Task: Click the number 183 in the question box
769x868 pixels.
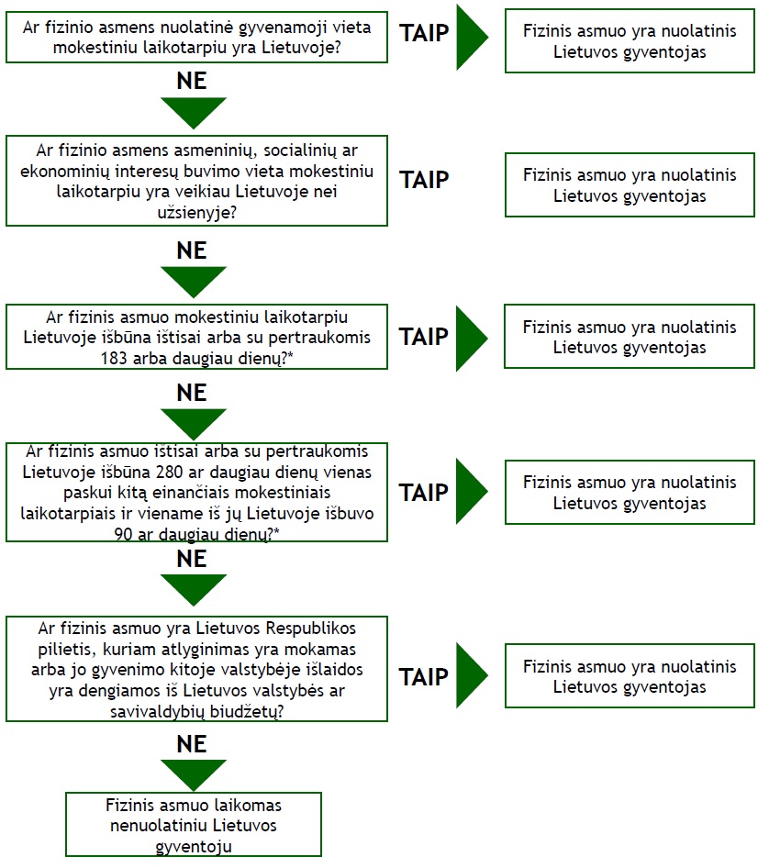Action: tap(114, 358)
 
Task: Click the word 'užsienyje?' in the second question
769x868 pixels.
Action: tap(196, 213)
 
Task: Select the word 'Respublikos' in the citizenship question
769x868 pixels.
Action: tap(310, 629)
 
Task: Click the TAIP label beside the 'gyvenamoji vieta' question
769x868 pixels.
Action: tap(424, 33)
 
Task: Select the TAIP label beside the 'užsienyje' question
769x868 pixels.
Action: tap(424, 180)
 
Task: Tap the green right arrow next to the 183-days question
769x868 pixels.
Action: tap(472, 338)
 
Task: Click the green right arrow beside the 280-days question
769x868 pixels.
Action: tap(472, 491)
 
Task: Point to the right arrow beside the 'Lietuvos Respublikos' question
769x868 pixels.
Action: tap(472, 675)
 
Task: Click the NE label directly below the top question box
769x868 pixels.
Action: tap(192, 82)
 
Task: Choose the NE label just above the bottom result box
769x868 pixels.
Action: tap(192, 744)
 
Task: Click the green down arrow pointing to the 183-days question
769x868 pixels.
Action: tap(194, 282)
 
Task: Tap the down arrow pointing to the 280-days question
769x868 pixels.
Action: tap(194, 424)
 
